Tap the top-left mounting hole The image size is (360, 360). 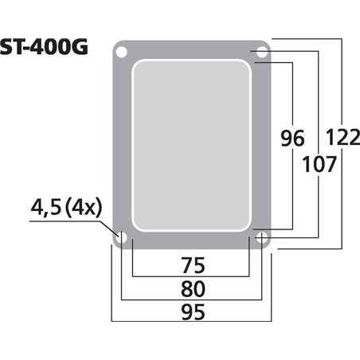pos(121,53)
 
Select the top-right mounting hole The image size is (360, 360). pos(262,53)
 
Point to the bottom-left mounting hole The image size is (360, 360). pos(121,237)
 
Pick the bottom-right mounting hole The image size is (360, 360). pos(262,237)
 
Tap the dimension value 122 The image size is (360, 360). pos(343,137)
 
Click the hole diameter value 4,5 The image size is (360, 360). pos(45,209)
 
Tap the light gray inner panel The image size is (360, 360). pos(191,143)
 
